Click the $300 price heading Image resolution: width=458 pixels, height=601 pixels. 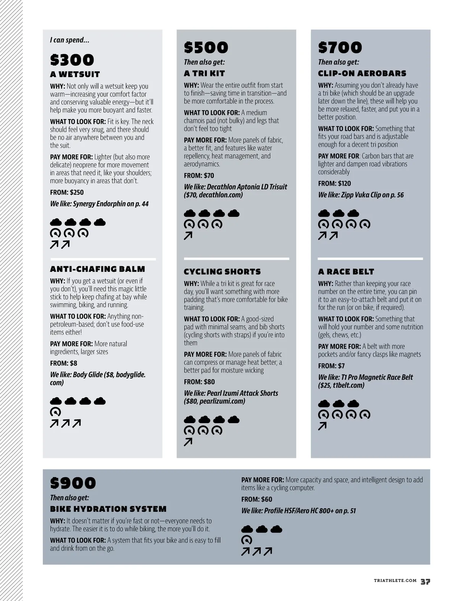(x=72, y=60)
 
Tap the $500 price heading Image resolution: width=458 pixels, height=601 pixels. (x=206, y=48)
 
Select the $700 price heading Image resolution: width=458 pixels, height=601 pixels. (x=340, y=48)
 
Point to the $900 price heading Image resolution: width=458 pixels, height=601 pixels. (x=73, y=483)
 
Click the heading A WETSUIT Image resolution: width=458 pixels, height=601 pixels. (x=75, y=74)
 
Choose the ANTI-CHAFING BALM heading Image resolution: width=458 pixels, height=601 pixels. (x=97, y=269)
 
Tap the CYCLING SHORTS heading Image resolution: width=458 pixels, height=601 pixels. (x=222, y=272)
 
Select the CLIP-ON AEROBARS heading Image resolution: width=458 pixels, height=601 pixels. (x=362, y=73)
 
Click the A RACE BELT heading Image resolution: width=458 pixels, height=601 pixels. (x=346, y=272)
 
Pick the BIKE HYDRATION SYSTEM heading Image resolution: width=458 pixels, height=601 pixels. (x=108, y=509)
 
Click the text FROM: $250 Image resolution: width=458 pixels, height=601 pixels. (x=67, y=192)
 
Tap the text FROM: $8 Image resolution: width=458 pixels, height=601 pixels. (x=63, y=363)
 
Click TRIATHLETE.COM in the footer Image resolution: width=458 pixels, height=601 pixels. (x=395, y=580)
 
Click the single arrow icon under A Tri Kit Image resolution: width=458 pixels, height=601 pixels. (x=188, y=236)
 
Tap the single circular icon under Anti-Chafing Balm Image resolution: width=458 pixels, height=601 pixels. (x=56, y=412)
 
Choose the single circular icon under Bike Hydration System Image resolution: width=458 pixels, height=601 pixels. (x=247, y=540)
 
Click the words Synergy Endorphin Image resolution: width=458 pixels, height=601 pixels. (x=99, y=204)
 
